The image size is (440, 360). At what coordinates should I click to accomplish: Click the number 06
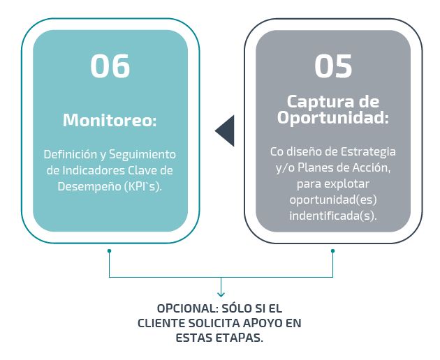[x=110, y=66]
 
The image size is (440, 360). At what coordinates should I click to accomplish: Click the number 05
[x=333, y=66]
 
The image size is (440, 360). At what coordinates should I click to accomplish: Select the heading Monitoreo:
[x=110, y=120]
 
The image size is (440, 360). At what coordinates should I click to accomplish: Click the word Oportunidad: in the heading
[x=333, y=117]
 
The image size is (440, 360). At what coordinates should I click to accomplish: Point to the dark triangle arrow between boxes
[x=224, y=130]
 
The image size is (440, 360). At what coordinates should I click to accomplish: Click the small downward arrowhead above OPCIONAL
[x=221, y=294]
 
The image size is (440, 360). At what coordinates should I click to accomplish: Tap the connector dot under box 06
[x=109, y=250]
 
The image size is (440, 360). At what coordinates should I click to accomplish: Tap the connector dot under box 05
[x=333, y=250]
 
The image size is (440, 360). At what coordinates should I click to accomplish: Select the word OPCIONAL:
[x=187, y=308]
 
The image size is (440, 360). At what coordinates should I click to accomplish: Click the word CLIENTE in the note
[x=161, y=323]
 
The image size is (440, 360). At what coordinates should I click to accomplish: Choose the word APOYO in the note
[x=263, y=323]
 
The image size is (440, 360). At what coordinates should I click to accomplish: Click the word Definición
[x=70, y=154]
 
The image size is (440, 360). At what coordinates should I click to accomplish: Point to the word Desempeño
[x=89, y=187]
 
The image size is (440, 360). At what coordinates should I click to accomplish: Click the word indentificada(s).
[x=333, y=216]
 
